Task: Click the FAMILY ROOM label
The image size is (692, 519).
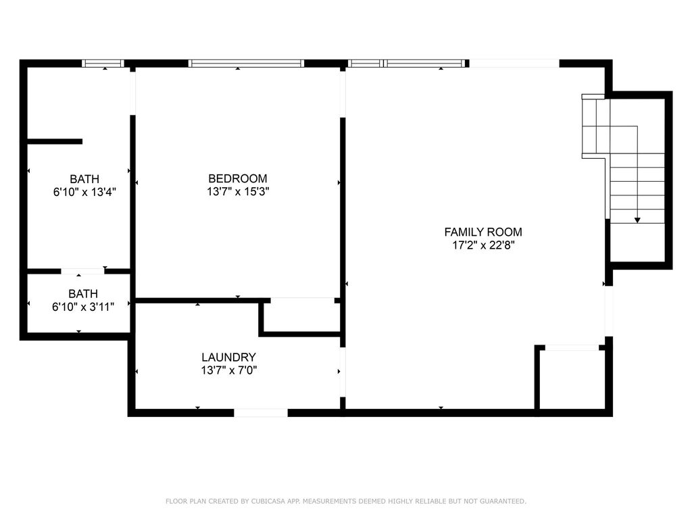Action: tap(483, 232)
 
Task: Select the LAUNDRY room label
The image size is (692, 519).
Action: tap(228, 357)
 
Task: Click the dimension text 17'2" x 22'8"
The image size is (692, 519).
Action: tap(483, 246)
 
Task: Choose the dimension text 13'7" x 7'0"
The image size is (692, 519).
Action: tap(228, 370)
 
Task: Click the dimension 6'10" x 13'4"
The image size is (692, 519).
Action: tap(84, 192)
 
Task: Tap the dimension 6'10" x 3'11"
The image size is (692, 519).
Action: tap(83, 307)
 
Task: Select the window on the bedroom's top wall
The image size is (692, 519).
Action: tap(246, 64)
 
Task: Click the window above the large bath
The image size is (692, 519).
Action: tap(103, 64)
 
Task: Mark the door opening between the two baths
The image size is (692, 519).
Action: tap(82, 271)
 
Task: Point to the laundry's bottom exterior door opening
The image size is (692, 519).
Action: tap(261, 412)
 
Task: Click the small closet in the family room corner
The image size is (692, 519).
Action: tap(572, 378)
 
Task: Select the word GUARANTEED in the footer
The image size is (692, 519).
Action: tap(502, 501)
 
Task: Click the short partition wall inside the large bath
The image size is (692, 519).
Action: tap(54, 141)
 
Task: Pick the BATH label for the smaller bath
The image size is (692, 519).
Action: tap(83, 294)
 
